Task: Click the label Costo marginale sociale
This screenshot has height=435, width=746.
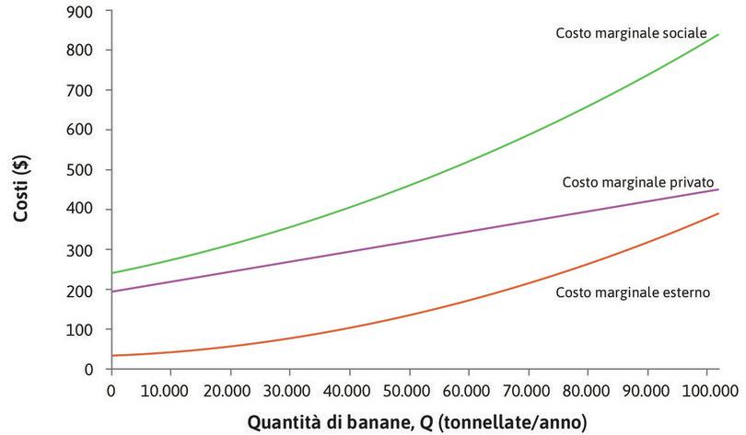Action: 631,33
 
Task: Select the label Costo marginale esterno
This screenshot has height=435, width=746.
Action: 635,292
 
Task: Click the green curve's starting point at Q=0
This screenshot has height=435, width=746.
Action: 111,273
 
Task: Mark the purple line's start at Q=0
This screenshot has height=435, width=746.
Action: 111,292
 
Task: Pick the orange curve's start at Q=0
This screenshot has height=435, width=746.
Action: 111,355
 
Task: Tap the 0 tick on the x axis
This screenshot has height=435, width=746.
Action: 111,391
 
